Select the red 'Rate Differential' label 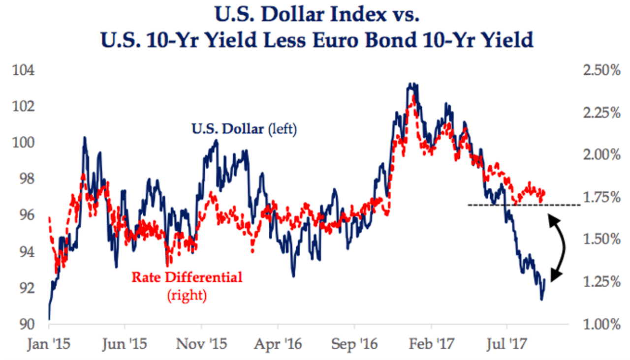pyautogui.click(x=187, y=277)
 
